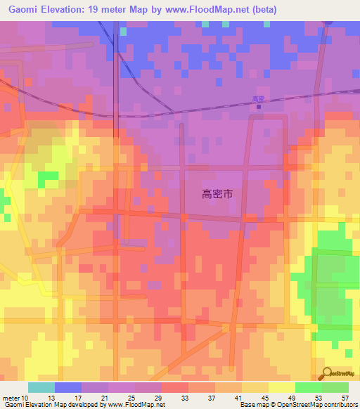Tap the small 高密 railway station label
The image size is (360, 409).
258,100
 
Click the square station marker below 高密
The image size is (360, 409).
258,108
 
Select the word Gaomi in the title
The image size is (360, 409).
23,10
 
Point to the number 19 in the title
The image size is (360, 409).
100,10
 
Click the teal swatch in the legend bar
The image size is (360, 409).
41,387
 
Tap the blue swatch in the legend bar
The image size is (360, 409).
67,387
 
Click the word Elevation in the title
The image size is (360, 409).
62,10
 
